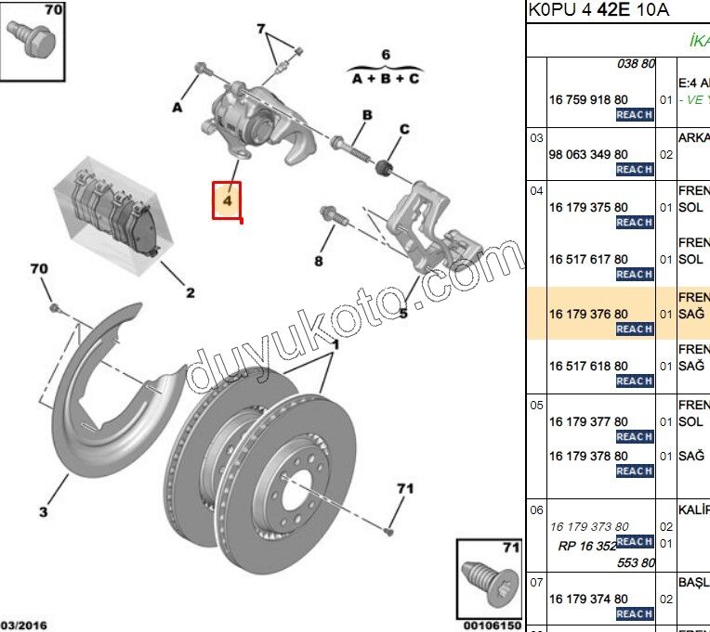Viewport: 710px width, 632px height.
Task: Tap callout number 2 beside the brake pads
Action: coord(190,293)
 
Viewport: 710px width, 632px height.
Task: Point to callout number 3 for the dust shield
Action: coord(43,511)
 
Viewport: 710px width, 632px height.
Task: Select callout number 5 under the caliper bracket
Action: coord(403,314)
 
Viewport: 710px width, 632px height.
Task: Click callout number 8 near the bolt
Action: coord(318,262)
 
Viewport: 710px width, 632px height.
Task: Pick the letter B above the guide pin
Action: coord(367,115)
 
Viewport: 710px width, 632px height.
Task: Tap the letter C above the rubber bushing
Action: coord(404,129)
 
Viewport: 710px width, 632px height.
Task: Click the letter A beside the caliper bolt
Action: coord(177,108)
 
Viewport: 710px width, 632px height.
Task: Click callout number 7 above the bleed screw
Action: coord(261,30)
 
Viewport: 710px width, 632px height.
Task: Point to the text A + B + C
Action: coord(385,79)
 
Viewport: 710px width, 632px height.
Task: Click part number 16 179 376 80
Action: coord(588,315)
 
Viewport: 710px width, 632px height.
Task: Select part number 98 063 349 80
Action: coord(588,154)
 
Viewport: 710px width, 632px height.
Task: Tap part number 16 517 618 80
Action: coord(588,367)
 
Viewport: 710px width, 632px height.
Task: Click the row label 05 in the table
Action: coord(536,406)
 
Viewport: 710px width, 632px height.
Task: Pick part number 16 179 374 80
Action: coord(588,599)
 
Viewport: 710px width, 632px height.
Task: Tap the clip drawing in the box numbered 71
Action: coord(488,581)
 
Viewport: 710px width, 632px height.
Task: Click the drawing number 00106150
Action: coord(492,626)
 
